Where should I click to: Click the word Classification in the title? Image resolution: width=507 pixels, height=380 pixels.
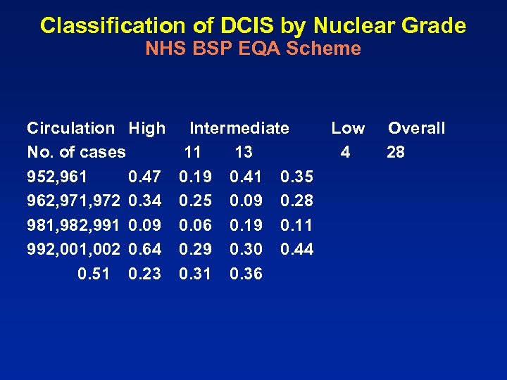pyautogui.click(x=101, y=26)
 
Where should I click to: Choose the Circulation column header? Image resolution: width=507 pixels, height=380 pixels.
pyautogui.click(x=70, y=128)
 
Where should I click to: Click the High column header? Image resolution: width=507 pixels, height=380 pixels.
pyautogui.click(x=146, y=128)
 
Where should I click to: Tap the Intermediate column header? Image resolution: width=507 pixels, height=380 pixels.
pyautogui.click(x=239, y=128)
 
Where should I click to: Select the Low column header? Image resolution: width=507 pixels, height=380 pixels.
pyautogui.click(x=348, y=128)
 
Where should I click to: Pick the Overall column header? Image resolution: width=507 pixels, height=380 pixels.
pyautogui.click(x=416, y=128)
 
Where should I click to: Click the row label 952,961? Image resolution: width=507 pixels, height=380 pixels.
pyautogui.click(x=57, y=177)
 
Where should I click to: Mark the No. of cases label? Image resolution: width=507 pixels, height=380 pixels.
pyautogui.click(x=76, y=152)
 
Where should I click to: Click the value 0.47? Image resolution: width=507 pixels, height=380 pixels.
pyautogui.click(x=144, y=177)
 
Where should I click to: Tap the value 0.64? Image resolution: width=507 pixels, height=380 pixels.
pyautogui.click(x=144, y=249)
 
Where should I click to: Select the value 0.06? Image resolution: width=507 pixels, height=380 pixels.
pyautogui.click(x=195, y=225)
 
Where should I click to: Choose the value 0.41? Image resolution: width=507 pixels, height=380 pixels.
pyautogui.click(x=246, y=177)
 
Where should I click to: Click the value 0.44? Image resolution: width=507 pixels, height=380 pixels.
pyautogui.click(x=296, y=249)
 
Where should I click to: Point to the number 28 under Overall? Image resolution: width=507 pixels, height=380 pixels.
pyautogui.click(x=396, y=152)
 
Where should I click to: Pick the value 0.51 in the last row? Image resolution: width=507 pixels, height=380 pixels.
pyautogui.click(x=94, y=274)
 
